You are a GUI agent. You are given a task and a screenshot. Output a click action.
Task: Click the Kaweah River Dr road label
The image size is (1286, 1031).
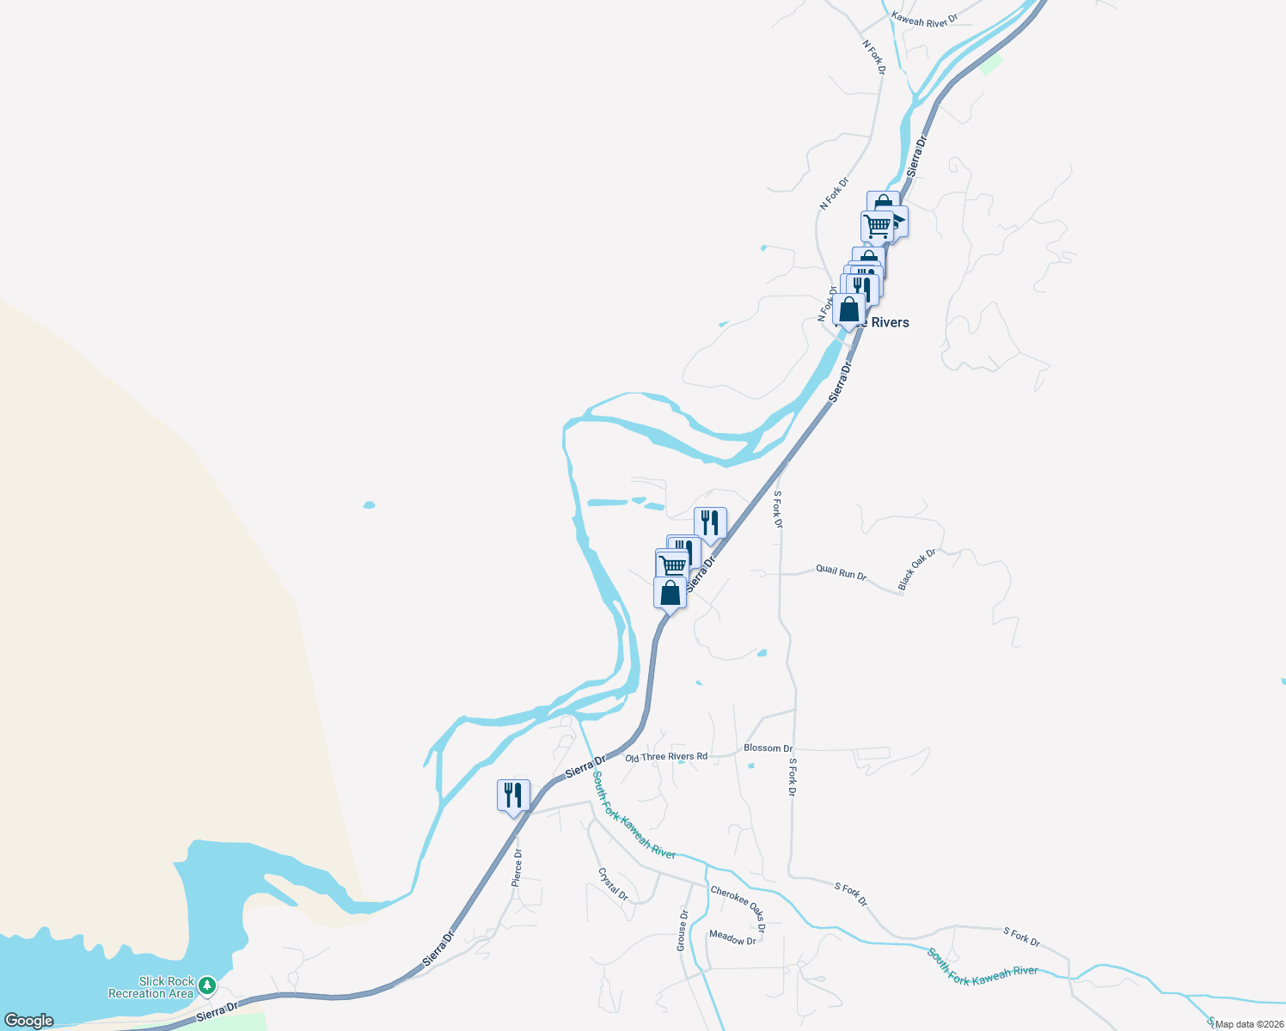click(924, 19)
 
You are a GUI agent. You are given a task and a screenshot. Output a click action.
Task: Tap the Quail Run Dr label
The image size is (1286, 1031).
click(841, 572)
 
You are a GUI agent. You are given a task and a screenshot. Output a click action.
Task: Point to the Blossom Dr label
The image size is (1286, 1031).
click(768, 748)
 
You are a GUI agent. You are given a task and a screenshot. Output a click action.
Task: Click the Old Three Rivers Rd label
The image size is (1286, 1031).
click(666, 757)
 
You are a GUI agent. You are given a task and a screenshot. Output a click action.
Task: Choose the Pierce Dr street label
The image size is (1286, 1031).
click(517, 868)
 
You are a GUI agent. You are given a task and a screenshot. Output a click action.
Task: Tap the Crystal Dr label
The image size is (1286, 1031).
click(613, 884)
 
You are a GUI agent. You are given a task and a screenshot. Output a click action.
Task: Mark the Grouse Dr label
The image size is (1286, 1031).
click(683, 930)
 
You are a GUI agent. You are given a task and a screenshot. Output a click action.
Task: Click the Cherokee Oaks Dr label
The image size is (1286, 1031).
click(738, 909)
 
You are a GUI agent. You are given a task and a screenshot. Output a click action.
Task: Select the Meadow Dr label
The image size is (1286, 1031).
click(732, 939)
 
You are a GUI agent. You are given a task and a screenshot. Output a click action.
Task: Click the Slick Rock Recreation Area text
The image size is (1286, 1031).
click(151, 987)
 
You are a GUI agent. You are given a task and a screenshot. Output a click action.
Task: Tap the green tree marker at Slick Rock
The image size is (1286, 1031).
click(207, 985)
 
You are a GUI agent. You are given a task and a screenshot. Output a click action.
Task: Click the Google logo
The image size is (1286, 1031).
click(29, 1021)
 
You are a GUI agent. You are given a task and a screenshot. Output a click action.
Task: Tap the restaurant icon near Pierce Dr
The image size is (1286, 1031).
click(513, 795)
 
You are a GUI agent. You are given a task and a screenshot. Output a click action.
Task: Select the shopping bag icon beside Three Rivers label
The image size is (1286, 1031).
click(849, 309)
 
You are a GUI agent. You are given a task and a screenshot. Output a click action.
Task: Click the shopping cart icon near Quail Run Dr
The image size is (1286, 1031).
click(672, 564)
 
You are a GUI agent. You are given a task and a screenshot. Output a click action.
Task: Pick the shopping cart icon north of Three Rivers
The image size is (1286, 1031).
click(877, 226)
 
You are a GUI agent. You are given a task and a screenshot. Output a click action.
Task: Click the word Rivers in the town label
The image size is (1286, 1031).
click(891, 322)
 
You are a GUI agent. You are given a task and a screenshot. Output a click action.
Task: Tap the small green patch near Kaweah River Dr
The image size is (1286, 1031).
click(991, 64)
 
